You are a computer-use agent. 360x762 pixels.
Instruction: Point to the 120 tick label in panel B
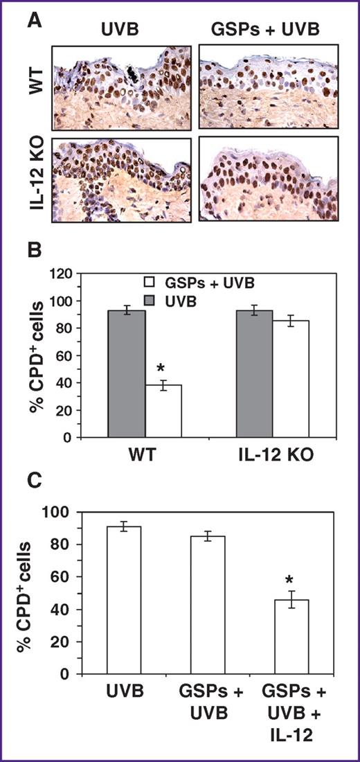64,274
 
